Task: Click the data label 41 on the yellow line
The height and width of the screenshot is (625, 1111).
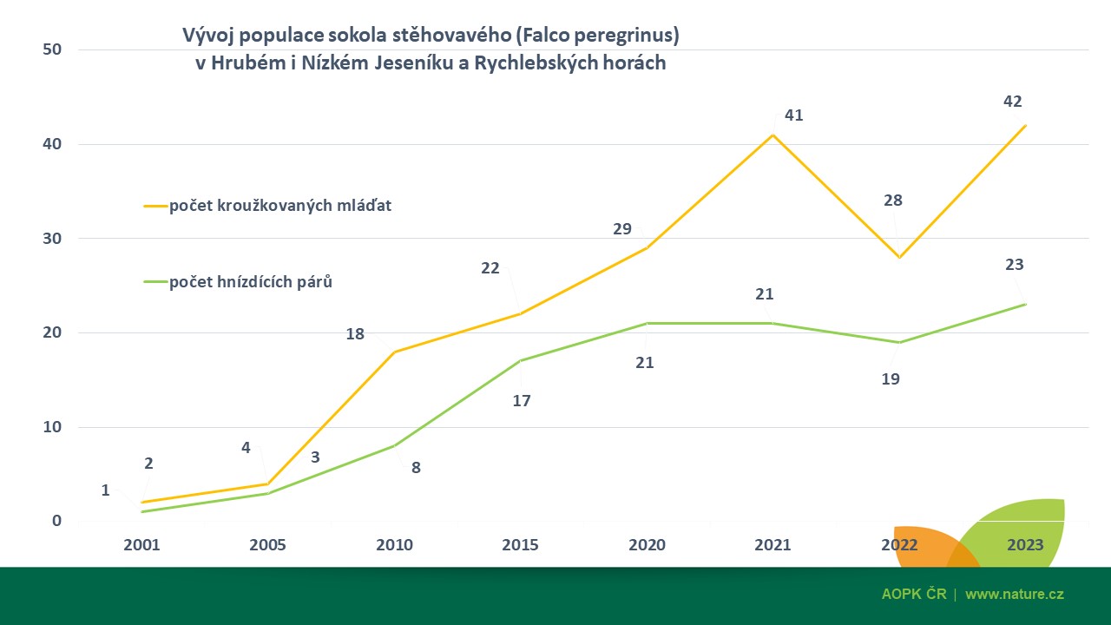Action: (793, 115)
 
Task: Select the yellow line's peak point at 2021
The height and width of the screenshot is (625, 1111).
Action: (772, 135)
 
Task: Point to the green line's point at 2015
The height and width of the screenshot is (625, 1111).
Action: (520, 360)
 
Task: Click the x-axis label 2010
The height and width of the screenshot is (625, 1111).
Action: (394, 545)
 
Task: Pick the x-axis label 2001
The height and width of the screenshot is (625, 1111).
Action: (142, 545)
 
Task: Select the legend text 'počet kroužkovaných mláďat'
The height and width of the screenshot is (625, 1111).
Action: (279, 206)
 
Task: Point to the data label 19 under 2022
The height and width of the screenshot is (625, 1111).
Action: (891, 378)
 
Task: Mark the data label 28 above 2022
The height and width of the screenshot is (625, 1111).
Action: (892, 201)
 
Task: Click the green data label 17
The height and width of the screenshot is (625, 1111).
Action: (521, 401)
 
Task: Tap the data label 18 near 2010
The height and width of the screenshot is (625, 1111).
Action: (355, 333)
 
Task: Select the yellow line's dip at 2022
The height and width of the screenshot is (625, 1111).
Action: (899, 257)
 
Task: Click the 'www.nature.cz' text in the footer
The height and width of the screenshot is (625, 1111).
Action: (1014, 595)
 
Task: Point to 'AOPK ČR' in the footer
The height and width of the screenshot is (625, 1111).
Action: (913, 595)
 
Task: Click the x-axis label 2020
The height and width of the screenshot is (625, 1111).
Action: (647, 545)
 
